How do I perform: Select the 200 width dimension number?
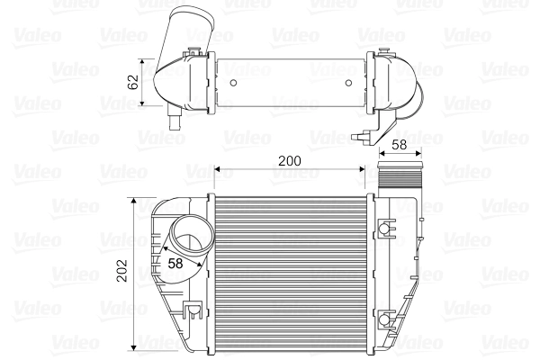288,160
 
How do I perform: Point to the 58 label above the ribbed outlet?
400,144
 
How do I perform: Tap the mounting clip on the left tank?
192,311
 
